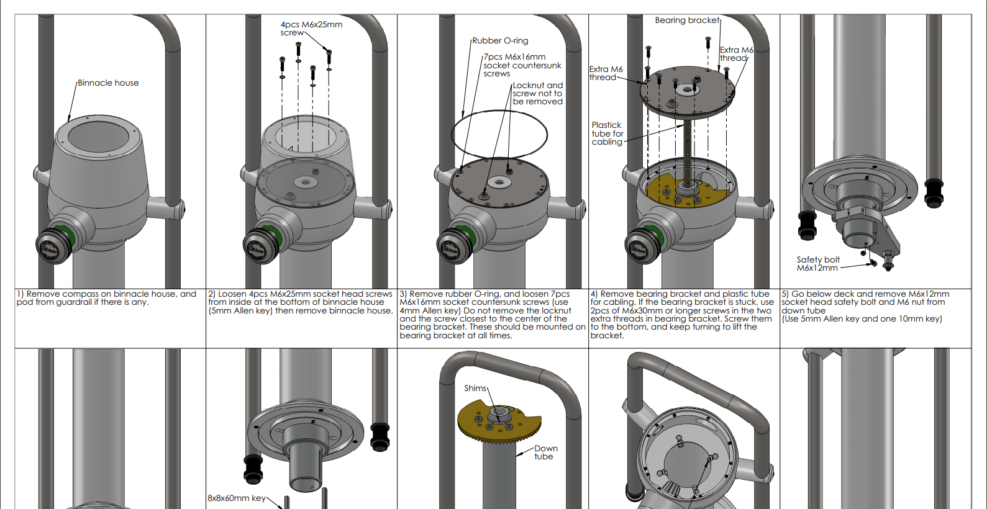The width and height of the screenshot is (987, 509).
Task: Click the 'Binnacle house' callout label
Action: [x=108, y=83]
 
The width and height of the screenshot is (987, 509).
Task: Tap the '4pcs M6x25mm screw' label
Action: [x=311, y=29]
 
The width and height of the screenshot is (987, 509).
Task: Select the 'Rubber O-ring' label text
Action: [x=500, y=41]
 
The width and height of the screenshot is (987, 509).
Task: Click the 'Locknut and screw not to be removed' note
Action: [x=537, y=94]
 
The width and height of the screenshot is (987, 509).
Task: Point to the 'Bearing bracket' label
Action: [x=686, y=20]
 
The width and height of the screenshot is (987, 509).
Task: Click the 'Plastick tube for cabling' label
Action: [x=607, y=133]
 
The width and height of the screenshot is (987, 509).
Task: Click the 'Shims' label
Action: [x=475, y=389]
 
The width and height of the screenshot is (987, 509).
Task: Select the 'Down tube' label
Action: [x=545, y=453]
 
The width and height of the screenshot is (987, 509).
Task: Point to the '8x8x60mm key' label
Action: [x=236, y=498]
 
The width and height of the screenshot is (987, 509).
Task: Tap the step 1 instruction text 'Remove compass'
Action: [x=106, y=298]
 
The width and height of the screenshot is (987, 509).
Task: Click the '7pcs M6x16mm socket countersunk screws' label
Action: [x=522, y=65]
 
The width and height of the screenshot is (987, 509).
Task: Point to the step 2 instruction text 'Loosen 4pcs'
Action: [x=301, y=302]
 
